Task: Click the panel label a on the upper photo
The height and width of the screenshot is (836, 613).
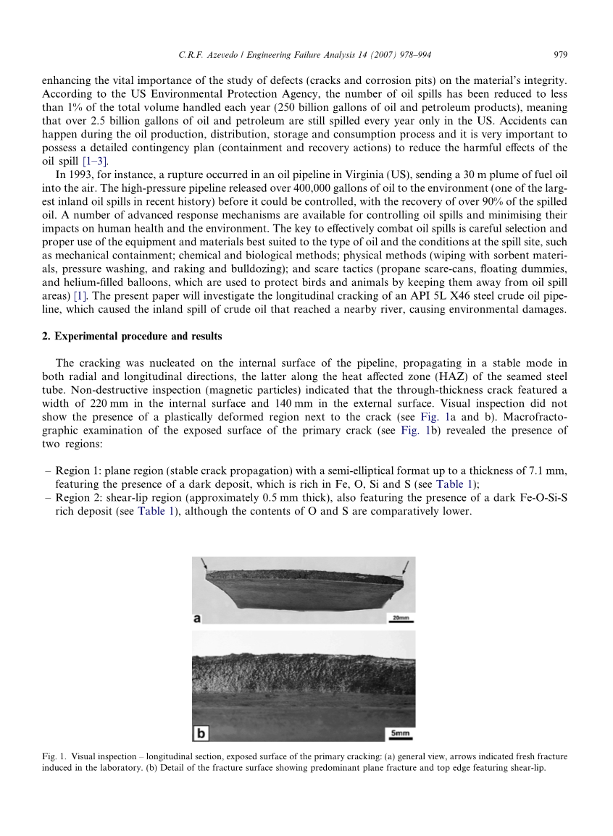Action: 198,617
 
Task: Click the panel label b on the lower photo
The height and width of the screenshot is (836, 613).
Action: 200,732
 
